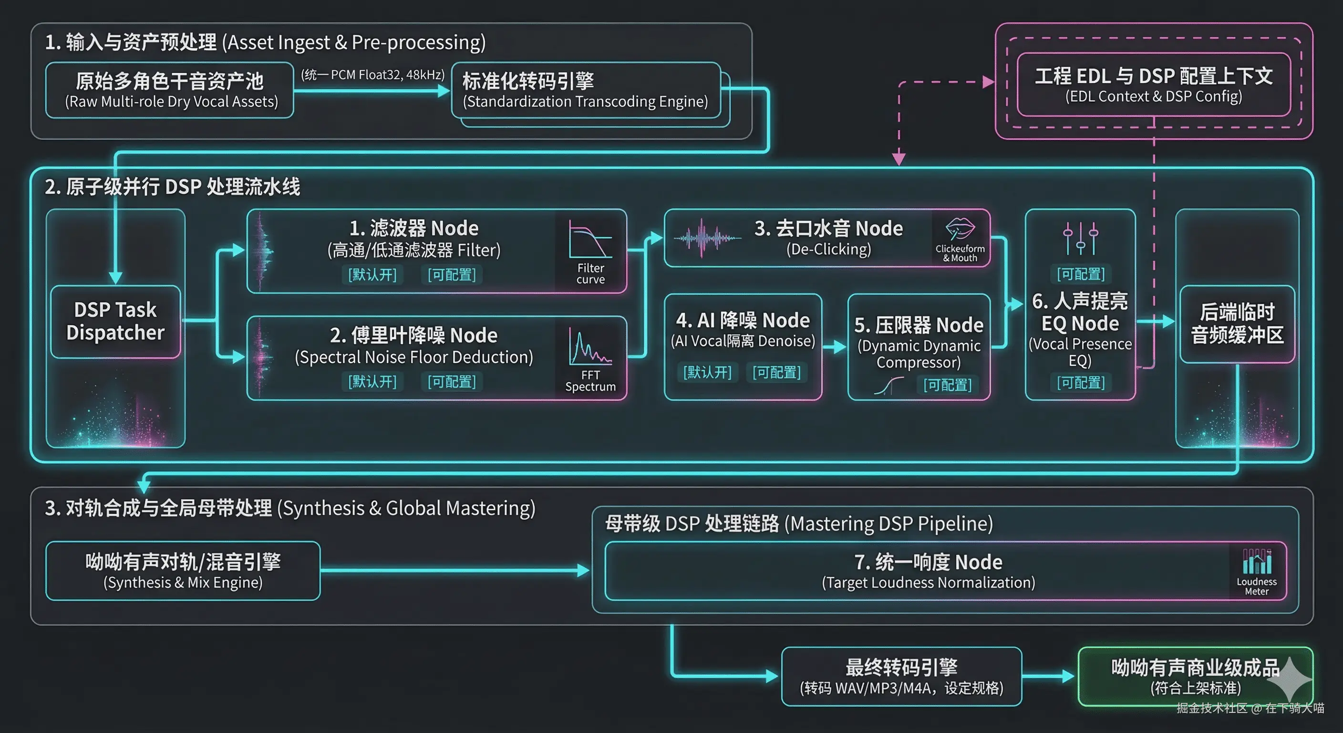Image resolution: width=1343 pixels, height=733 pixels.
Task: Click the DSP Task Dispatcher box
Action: [115, 321]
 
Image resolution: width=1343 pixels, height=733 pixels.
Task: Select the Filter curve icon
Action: [590, 240]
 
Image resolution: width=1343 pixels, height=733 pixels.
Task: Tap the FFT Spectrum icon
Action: [590, 346]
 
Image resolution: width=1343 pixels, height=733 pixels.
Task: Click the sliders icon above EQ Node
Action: [1080, 238]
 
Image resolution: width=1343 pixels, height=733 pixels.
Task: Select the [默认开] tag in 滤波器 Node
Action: [372, 274]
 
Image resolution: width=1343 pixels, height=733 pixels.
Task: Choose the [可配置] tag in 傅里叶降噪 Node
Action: [452, 381]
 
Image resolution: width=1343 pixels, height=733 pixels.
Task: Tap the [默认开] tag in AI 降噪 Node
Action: [707, 372]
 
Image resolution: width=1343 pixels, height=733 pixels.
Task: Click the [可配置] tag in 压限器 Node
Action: [947, 385]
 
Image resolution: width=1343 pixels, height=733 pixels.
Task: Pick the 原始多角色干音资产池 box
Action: [170, 90]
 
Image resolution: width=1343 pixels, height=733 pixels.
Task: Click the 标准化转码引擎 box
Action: [585, 90]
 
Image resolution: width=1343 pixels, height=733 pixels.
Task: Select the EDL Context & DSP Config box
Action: [1153, 84]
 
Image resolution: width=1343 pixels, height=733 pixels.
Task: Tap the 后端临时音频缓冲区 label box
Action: [1237, 324]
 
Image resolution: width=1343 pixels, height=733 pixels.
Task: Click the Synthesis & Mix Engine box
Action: [183, 571]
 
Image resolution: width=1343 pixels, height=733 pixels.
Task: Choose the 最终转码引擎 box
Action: [901, 676]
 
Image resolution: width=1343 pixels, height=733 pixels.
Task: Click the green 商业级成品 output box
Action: [1195, 676]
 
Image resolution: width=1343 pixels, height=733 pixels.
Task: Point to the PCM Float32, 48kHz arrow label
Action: [373, 74]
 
